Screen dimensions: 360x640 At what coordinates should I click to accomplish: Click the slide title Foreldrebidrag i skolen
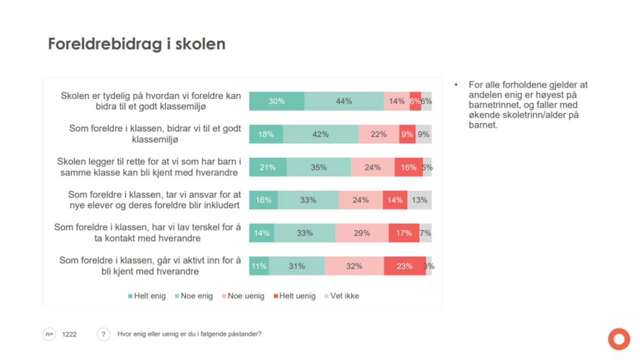coord(137,44)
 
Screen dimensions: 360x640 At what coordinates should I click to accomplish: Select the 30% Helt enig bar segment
coord(276,101)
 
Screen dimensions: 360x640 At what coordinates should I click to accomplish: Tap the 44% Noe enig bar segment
coord(344,101)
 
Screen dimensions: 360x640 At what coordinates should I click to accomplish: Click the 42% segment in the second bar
coord(321,134)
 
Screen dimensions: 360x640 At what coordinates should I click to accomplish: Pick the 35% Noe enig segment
coord(319,167)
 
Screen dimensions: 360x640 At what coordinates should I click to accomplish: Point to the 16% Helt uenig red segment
coord(409,167)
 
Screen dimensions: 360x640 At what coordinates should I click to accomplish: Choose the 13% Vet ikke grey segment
coord(420,200)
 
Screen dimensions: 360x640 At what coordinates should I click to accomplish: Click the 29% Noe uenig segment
coord(362,233)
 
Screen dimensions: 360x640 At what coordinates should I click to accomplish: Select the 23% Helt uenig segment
coord(404,266)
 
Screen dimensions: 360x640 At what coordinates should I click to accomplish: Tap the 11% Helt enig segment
coord(259,266)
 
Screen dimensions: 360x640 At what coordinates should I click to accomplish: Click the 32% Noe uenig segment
coord(354,266)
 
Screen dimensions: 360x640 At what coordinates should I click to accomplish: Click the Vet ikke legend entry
coord(341,296)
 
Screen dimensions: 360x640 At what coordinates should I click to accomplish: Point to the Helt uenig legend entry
coord(294,296)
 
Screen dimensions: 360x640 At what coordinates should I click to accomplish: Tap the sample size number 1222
coord(69,334)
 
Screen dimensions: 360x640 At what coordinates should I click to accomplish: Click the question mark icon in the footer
coord(103,334)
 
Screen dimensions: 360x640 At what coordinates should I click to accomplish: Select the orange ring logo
coord(619,339)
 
